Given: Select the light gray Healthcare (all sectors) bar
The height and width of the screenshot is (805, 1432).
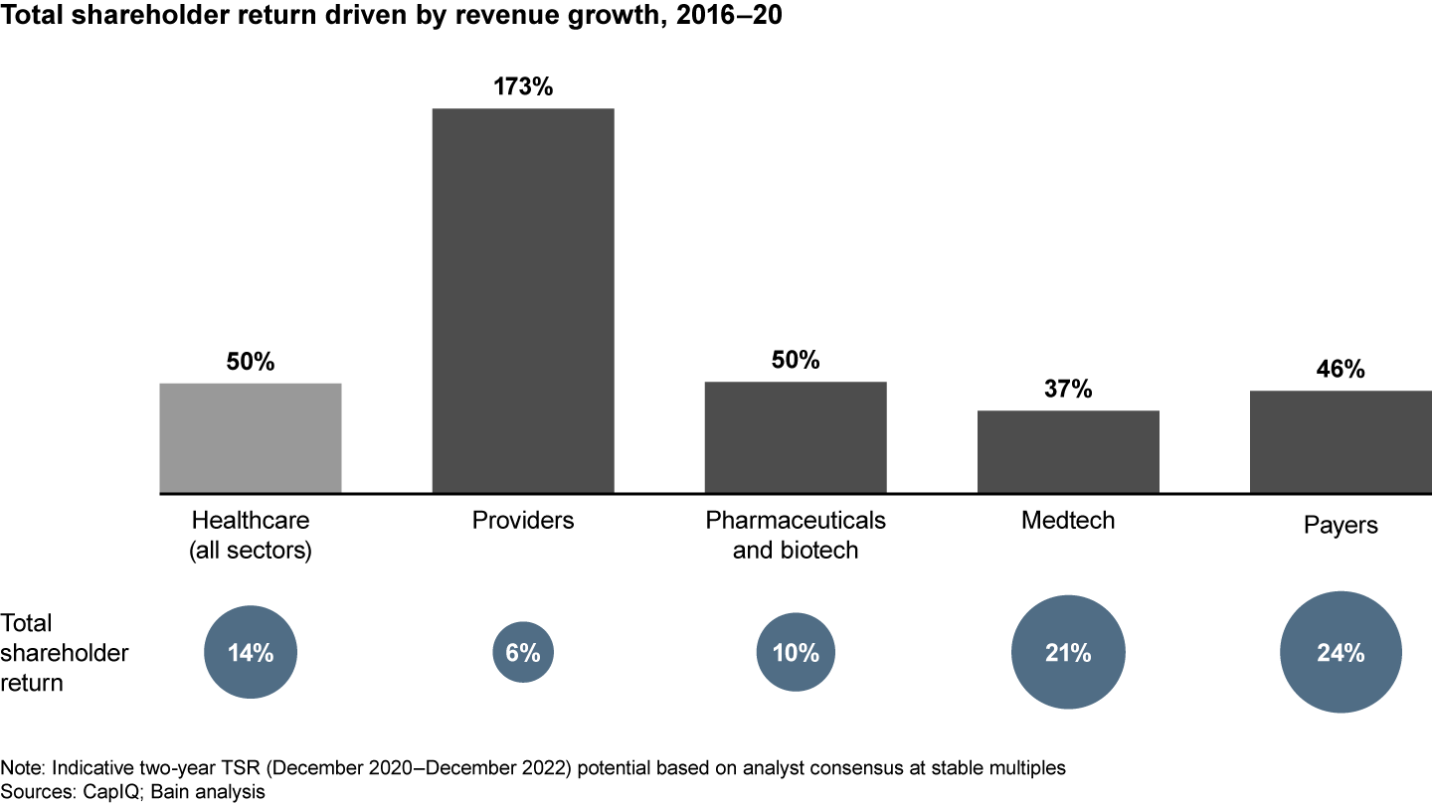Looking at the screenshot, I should pos(251,437).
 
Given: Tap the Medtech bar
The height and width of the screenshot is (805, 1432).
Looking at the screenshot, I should pos(1068,451).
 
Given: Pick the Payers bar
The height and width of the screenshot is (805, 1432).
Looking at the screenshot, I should pos(1341,441).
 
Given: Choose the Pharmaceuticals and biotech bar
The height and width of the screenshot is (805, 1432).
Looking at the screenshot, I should pos(796,437).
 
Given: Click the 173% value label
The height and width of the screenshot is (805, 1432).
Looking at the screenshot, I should pos(523,86).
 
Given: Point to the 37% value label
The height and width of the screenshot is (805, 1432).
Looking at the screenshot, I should pos(1068,389).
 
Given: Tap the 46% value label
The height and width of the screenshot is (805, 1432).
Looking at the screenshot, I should pos(1341,370).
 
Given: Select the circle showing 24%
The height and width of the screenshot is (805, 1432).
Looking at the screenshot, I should pos(1341,653).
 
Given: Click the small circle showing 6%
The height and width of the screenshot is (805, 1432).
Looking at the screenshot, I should pos(523,653).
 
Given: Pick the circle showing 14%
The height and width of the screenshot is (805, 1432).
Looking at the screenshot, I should pos(251,653).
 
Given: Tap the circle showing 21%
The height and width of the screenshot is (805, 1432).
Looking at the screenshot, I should pos(1068,653).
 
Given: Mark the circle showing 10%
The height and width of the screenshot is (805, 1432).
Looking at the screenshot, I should pos(796,653).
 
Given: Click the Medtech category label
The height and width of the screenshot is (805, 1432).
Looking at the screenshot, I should pos(1068,520).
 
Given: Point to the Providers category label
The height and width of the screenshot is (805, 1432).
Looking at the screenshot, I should pos(523,520).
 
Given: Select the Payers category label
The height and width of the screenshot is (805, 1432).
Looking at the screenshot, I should pos(1341,525).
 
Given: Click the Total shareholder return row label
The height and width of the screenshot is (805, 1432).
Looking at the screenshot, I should pos(65,653).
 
